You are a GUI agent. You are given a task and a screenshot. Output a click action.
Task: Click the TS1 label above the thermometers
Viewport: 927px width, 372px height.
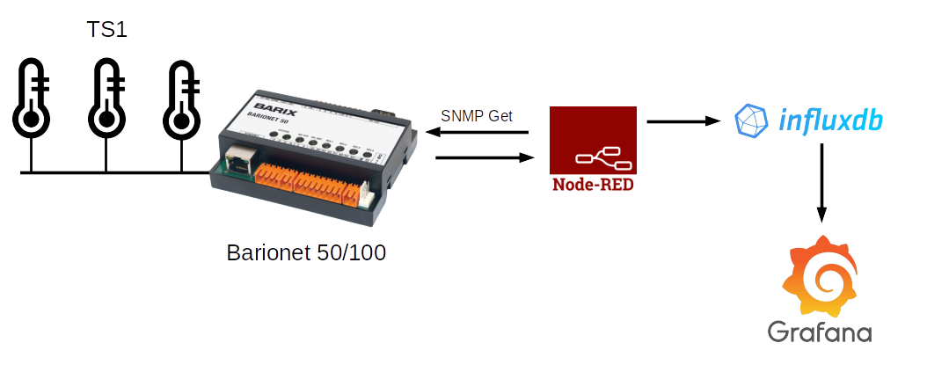106,30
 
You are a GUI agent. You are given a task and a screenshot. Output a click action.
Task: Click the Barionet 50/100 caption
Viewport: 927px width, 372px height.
307,252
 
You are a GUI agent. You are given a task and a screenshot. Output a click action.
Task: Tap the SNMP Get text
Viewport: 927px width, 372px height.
477,116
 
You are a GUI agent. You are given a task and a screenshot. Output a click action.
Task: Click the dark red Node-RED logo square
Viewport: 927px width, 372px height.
592,140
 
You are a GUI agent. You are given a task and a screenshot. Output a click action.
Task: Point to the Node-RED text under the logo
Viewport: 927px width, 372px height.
592,185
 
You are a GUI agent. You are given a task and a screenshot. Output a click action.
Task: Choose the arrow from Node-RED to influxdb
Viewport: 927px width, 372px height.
682,122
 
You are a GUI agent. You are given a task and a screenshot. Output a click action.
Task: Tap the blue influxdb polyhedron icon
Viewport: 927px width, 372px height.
751,120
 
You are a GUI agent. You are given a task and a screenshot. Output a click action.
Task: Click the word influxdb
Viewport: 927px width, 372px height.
830,120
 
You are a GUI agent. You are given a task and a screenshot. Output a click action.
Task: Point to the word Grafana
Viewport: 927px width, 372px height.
820,332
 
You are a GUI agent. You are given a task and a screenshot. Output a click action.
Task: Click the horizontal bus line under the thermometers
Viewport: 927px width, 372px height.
114,172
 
